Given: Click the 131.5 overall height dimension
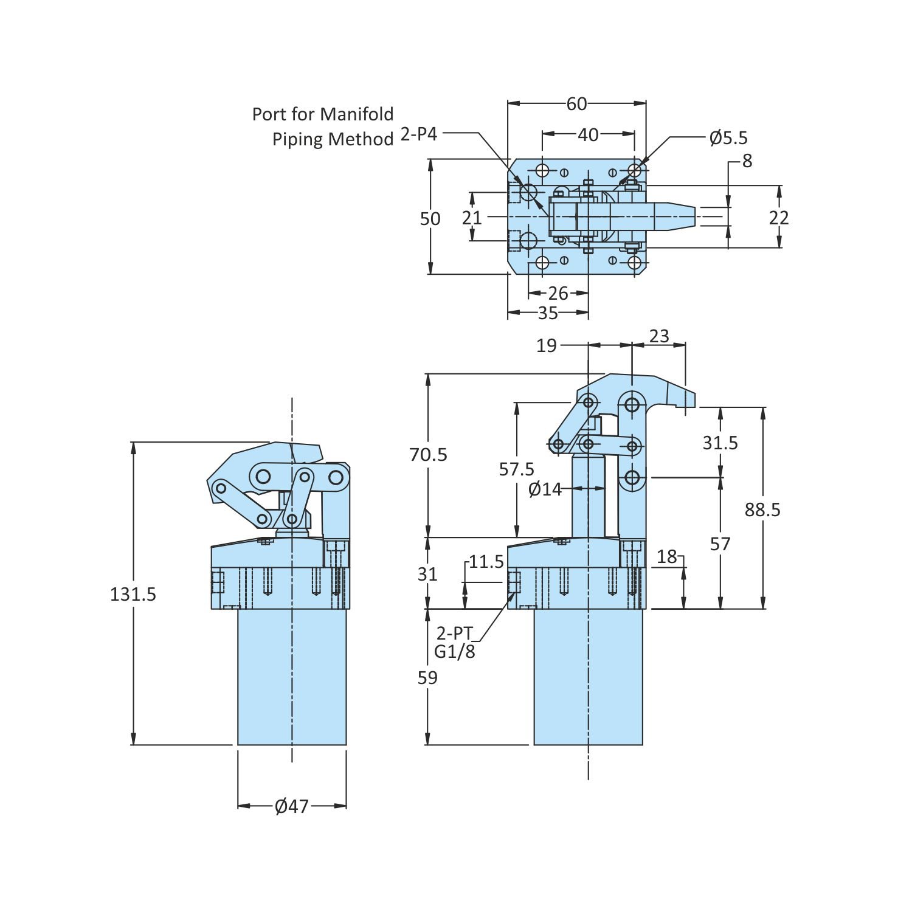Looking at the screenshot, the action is pyautogui.click(x=133, y=594).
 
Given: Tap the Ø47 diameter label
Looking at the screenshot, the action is pyautogui.click(x=292, y=806).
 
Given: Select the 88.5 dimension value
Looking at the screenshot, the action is pyautogui.click(x=762, y=510).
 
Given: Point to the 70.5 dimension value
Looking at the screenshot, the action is pyautogui.click(x=428, y=454).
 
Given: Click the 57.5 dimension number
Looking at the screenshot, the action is pyautogui.click(x=516, y=469).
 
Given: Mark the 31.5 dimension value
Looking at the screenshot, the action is pyautogui.click(x=720, y=443).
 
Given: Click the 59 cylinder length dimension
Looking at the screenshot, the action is pyautogui.click(x=427, y=677).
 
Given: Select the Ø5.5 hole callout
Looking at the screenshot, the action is pyautogui.click(x=728, y=138).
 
